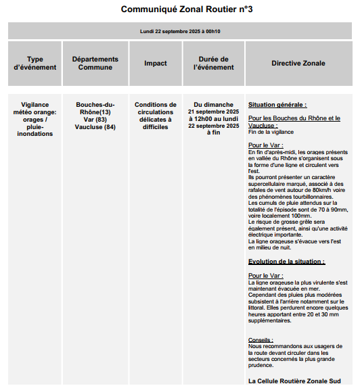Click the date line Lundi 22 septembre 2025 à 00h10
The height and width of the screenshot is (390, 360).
[180, 31]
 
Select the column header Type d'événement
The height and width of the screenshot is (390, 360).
[35, 64]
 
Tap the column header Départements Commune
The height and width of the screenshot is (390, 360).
[95, 64]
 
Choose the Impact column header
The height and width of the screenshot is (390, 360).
[156, 64]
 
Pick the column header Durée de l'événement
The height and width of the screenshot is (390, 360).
[213, 64]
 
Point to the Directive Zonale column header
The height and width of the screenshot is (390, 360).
[298, 64]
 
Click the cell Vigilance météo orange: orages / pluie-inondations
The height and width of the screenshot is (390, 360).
[35, 119]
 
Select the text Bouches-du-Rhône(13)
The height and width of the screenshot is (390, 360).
[95, 108]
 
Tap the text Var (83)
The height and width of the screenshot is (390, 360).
[95, 120]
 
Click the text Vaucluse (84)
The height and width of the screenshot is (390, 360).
[95, 127]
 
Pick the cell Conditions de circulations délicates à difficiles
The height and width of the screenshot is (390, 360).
[156, 116]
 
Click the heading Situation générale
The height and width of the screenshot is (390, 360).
[277, 105]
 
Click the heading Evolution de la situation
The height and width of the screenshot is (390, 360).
[286, 262]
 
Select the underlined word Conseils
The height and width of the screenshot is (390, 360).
[261, 340]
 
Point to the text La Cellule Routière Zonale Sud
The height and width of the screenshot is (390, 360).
[294, 381]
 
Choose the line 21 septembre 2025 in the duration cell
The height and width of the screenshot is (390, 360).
[213, 112]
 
